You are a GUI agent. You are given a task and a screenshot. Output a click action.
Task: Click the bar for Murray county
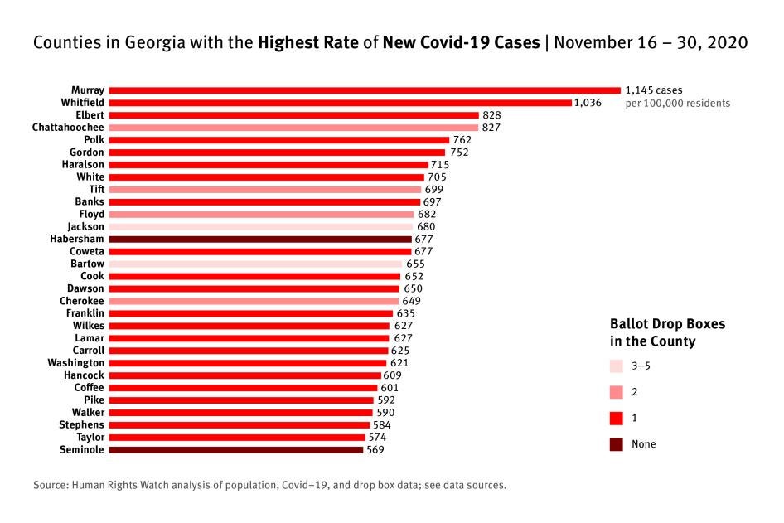pyautogui.click(x=365, y=90)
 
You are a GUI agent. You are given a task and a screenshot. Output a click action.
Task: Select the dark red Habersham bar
pyautogui.click(x=260, y=239)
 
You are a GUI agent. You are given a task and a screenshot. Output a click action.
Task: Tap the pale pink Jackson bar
pyautogui.click(x=260, y=226)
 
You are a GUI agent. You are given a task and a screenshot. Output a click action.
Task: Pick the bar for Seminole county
pyautogui.click(x=236, y=450)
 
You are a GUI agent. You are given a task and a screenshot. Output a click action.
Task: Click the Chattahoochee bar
pyautogui.click(x=293, y=127)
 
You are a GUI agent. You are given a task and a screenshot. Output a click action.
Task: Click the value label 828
pyautogui.click(x=491, y=115)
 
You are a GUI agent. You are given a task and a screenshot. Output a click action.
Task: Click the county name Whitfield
pyautogui.click(x=82, y=102)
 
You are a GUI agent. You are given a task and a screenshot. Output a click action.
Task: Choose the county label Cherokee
pyautogui.click(x=82, y=301)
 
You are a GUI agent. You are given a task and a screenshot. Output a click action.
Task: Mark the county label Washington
pyautogui.click(x=76, y=363)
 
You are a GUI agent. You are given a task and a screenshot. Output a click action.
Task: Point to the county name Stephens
pyautogui.click(x=81, y=425)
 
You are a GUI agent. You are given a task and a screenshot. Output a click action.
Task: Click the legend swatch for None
pyautogui.click(x=616, y=444)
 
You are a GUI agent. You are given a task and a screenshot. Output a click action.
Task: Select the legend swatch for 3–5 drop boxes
pyautogui.click(x=616, y=366)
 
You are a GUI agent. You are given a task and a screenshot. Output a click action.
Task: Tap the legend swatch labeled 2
pyautogui.click(x=616, y=392)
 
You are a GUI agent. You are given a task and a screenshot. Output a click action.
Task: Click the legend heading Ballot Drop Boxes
pyautogui.click(x=666, y=324)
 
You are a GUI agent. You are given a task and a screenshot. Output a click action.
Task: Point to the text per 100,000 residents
pyautogui.click(x=677, y=104)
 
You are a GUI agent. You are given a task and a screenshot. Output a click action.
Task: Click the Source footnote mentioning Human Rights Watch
pyautogui.click(x=269, y=485)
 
